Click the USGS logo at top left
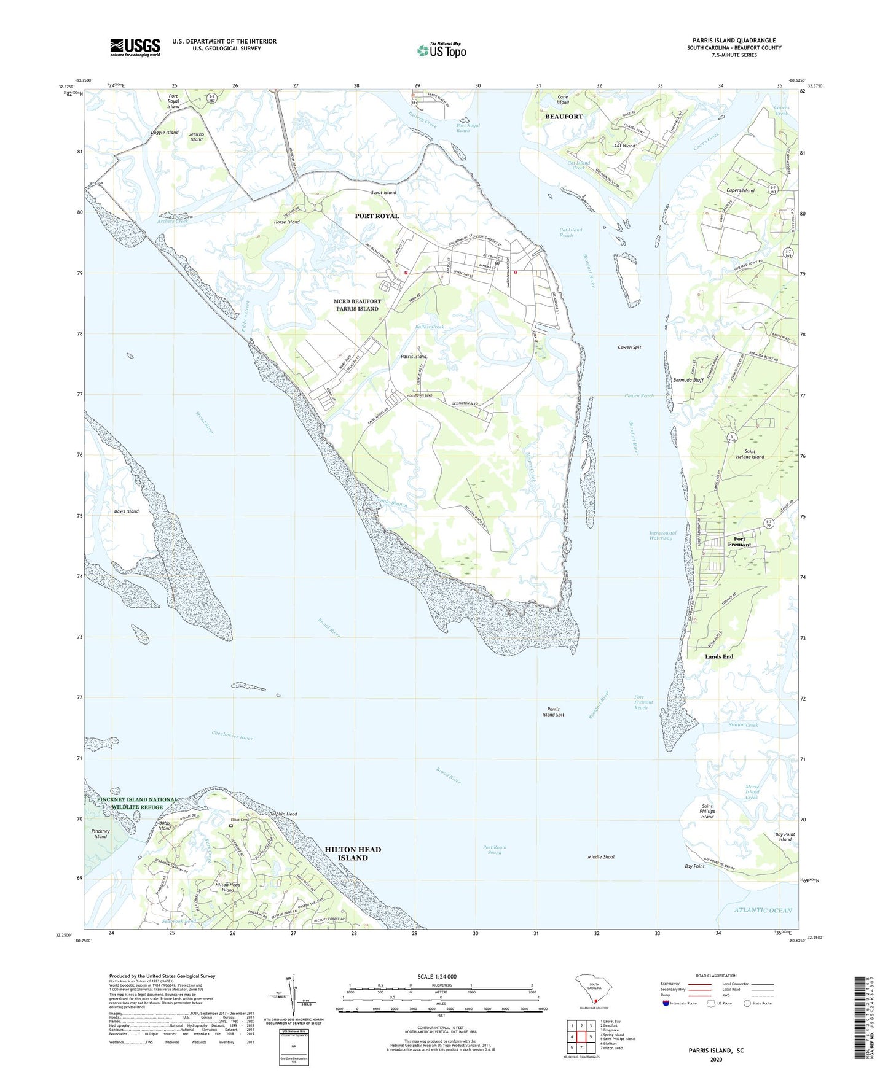(135, 47)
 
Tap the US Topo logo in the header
(441, 50)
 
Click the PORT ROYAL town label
(377, 216)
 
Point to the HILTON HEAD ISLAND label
(353, 853)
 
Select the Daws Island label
(126, 511)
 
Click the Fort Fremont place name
(739, 542)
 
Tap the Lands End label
(719, 656)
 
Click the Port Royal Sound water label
(495, 850)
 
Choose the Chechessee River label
(232, 735)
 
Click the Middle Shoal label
(600, 856)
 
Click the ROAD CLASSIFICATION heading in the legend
(716, 976)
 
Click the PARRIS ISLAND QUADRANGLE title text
(734, 41)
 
